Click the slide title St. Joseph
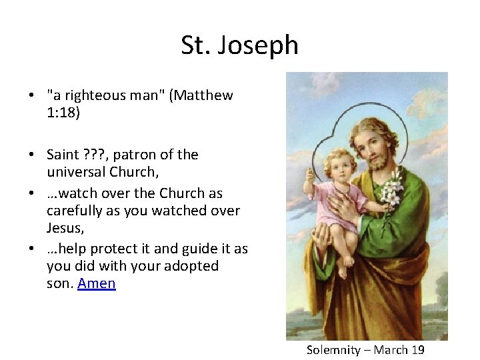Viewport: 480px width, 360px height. click(239, 45)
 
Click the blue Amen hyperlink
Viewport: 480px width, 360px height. click(97, 283)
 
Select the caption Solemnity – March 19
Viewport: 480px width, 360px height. click(365, 350)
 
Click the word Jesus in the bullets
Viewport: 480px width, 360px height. click(65, 228)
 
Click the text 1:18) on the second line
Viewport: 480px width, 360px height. click(63, 113)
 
